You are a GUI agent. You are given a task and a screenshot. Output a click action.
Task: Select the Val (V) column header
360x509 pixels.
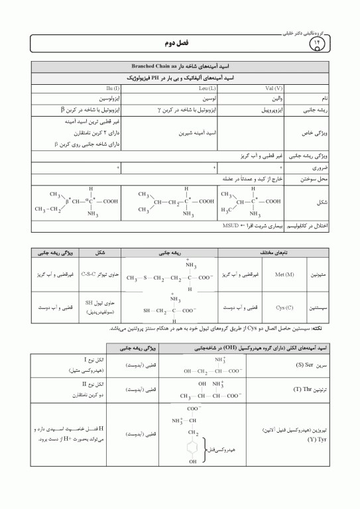(x=255, y=87)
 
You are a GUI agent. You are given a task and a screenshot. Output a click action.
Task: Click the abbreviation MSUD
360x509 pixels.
(x=230, y=226)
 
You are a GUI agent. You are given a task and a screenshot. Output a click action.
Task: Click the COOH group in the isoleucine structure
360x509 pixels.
(x=110, y=201)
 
